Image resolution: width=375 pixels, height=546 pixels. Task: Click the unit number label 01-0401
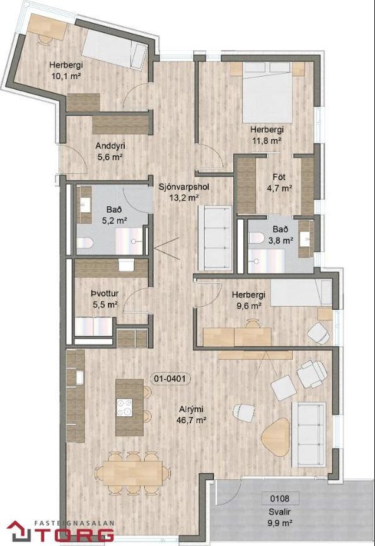click(170, 378)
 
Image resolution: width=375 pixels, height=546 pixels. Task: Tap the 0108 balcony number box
click(280, 499)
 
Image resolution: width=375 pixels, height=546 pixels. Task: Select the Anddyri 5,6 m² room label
click(110, 152)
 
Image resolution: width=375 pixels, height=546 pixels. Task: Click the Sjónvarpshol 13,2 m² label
click(183, 192)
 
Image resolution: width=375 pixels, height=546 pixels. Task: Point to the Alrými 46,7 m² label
click(192, 414)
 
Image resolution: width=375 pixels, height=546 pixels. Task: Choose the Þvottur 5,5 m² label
click(105, 299)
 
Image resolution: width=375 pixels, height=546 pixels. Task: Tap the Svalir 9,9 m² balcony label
click(280, 518)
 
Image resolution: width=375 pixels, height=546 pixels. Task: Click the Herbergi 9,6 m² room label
click(248, 300)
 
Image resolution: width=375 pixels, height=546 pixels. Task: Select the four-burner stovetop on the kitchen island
click(124, 407)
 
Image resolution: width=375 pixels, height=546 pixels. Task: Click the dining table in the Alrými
click(133, 473)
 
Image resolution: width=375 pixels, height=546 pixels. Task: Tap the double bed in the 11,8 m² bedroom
click(267, 93)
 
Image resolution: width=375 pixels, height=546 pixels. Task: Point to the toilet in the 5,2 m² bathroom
click(84, 242)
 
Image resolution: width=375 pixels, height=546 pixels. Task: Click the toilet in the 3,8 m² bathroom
click(257, 238)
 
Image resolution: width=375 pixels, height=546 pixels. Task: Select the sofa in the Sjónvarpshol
click(215, 238)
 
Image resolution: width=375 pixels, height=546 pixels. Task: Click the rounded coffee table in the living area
click(275, 436)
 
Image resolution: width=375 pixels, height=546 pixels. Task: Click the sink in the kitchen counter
click(79, 378)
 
